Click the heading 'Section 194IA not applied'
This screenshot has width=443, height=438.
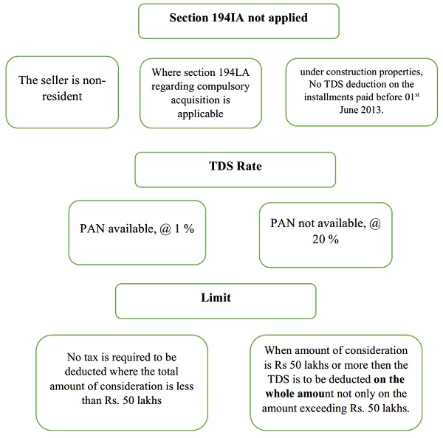click(x=238, y=18)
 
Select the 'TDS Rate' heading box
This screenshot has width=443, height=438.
click(x=236, y=170)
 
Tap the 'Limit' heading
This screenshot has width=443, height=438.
click(x=216, y=298)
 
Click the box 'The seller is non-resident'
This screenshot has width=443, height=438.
click(x=62, y=92)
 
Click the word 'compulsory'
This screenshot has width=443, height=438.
click(x=219, y=86)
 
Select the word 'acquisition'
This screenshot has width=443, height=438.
click(x=200, y=100)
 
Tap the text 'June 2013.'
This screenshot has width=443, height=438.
click(x=361, y=109)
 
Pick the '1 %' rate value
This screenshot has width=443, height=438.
click(x=184, y=229)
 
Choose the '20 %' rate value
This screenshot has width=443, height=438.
click(x=326, y=240)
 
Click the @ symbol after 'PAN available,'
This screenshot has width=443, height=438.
click(x=165, y=229)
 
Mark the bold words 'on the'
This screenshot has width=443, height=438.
click(x=389, y=379)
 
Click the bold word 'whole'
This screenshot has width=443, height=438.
click(x=279, y=394)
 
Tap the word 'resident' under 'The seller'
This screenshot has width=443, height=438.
click(x=62, y=97)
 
